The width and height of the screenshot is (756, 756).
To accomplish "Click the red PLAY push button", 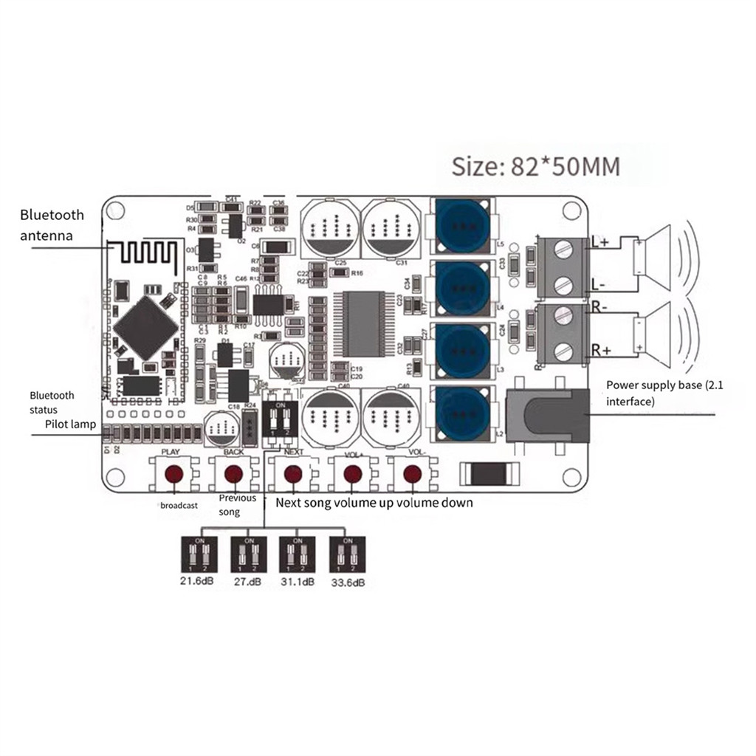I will [174, 473].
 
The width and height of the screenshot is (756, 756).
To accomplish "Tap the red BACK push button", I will [233, 473].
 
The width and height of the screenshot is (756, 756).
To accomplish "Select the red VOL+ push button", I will [353, 473].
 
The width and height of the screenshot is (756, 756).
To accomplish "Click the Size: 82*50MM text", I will [535, 166].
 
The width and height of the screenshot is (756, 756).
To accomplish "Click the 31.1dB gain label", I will [298, 582].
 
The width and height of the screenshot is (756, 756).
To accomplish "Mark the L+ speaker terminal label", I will [600, 242].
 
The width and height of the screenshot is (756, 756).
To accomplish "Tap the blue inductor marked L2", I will [464, 413].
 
